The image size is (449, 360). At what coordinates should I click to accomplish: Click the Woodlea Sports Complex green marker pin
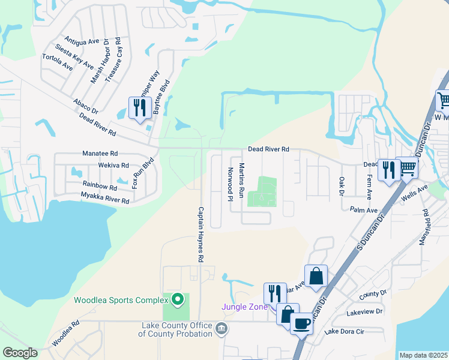point(177,299)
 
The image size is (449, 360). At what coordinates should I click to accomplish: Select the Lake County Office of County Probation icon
point(221,328)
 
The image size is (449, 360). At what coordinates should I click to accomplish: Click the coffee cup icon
point(301,324)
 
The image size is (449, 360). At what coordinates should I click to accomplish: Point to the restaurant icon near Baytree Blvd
point(140,109)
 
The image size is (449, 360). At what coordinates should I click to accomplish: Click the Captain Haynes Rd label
point(202,235)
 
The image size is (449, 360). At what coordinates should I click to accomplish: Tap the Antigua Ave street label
point(82,40)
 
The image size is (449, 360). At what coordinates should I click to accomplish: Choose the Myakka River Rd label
point(105,197)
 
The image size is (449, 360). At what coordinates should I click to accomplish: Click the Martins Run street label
point(241,177)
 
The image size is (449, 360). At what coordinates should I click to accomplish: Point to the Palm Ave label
point(364,210)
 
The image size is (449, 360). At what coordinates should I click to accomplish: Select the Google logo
point(20,353)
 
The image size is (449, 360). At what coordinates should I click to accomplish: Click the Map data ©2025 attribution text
point(423,355)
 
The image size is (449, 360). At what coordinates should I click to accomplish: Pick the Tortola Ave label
point(57,62)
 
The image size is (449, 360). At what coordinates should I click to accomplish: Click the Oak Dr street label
point(341,186)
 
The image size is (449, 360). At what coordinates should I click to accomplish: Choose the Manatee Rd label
point(100,154)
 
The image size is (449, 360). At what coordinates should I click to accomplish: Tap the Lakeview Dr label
point(364,313)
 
